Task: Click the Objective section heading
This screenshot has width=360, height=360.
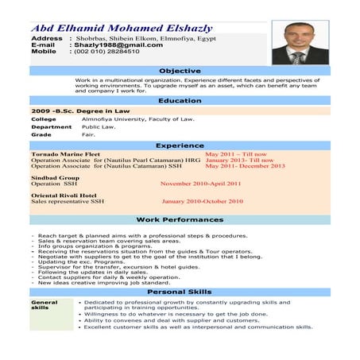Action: pos(180,71)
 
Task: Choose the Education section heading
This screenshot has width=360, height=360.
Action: pos(180,101)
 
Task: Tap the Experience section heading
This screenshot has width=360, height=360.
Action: pos(180,145)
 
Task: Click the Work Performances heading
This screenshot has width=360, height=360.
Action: pos(180,219)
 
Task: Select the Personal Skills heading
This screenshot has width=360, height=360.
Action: pos(180,292)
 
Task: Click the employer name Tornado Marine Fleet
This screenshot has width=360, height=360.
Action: pos(65,154)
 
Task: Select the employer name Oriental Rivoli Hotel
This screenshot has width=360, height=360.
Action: pos(64,195)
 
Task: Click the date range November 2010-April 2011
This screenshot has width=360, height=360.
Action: pos(200,183)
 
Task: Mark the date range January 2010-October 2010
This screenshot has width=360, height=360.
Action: pos(202,201)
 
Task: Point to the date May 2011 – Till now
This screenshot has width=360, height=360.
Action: pos(235,154)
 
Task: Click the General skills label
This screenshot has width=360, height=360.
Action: pos(45,306)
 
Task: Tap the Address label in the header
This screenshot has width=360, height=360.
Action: pos(46,38)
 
